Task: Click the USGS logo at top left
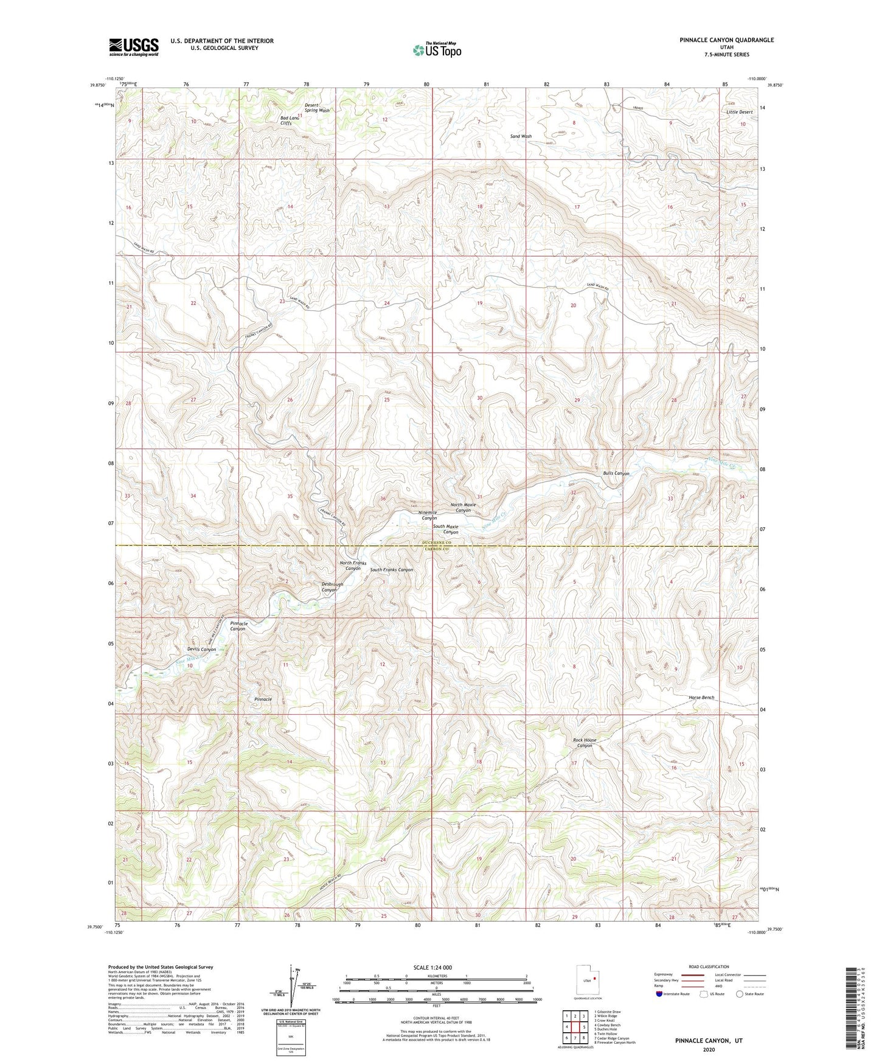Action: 133,46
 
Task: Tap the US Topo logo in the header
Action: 436,50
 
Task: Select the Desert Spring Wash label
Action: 317,108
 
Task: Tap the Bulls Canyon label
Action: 616,473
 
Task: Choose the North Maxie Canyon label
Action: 463,507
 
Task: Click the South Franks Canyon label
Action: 391,570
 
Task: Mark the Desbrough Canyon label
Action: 332,587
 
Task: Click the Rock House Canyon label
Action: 584,743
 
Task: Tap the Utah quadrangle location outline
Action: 588,980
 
